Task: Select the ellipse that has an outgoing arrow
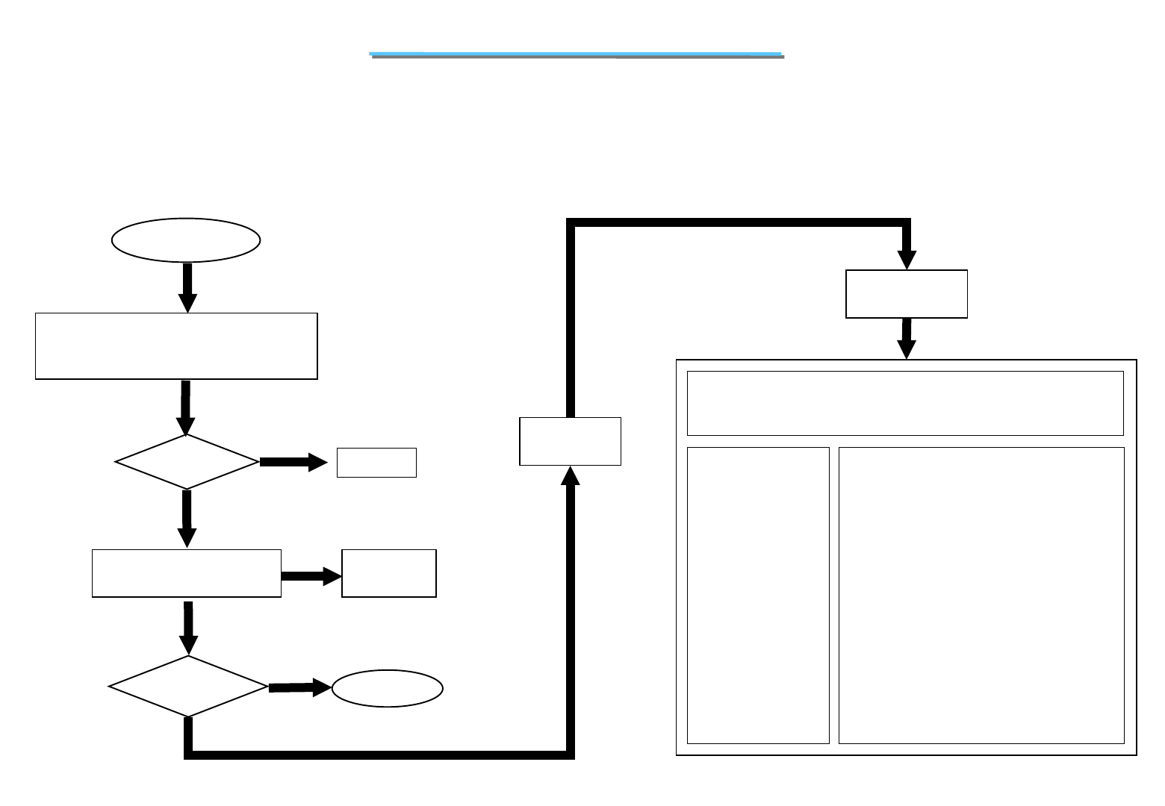(x=185, y=240)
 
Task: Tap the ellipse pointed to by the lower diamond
(x=387, y=689)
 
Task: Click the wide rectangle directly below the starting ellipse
(x=176, y=346)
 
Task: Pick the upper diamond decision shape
(x=187, y=462)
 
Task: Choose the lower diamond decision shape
(x=188, y=687)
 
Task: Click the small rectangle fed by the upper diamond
(x=376, y=463)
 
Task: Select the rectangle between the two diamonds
(x=187, y=573)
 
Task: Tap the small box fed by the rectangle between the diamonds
(x=388, y=573)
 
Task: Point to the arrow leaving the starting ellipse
(x=187, y=287)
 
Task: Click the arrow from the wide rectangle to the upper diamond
(x=185, y=407)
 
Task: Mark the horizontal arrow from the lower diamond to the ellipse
(x=299, y=687)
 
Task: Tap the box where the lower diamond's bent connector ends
(x=570, y=441)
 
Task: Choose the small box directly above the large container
(x=906, y=294)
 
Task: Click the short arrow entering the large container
(x=906, y=339)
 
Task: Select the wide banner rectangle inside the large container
(x=905, y=403)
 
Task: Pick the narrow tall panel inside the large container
(x=758, y=595)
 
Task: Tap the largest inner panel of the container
(x=981, y=595)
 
